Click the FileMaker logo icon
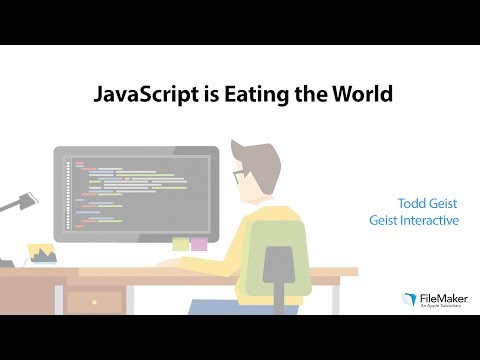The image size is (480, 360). click(x=408, y=298)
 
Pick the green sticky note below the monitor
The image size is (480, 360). click(x=180, y=243)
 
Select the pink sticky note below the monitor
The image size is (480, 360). click(x=199, y=243)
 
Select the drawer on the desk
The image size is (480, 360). click(x=96, y=299)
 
